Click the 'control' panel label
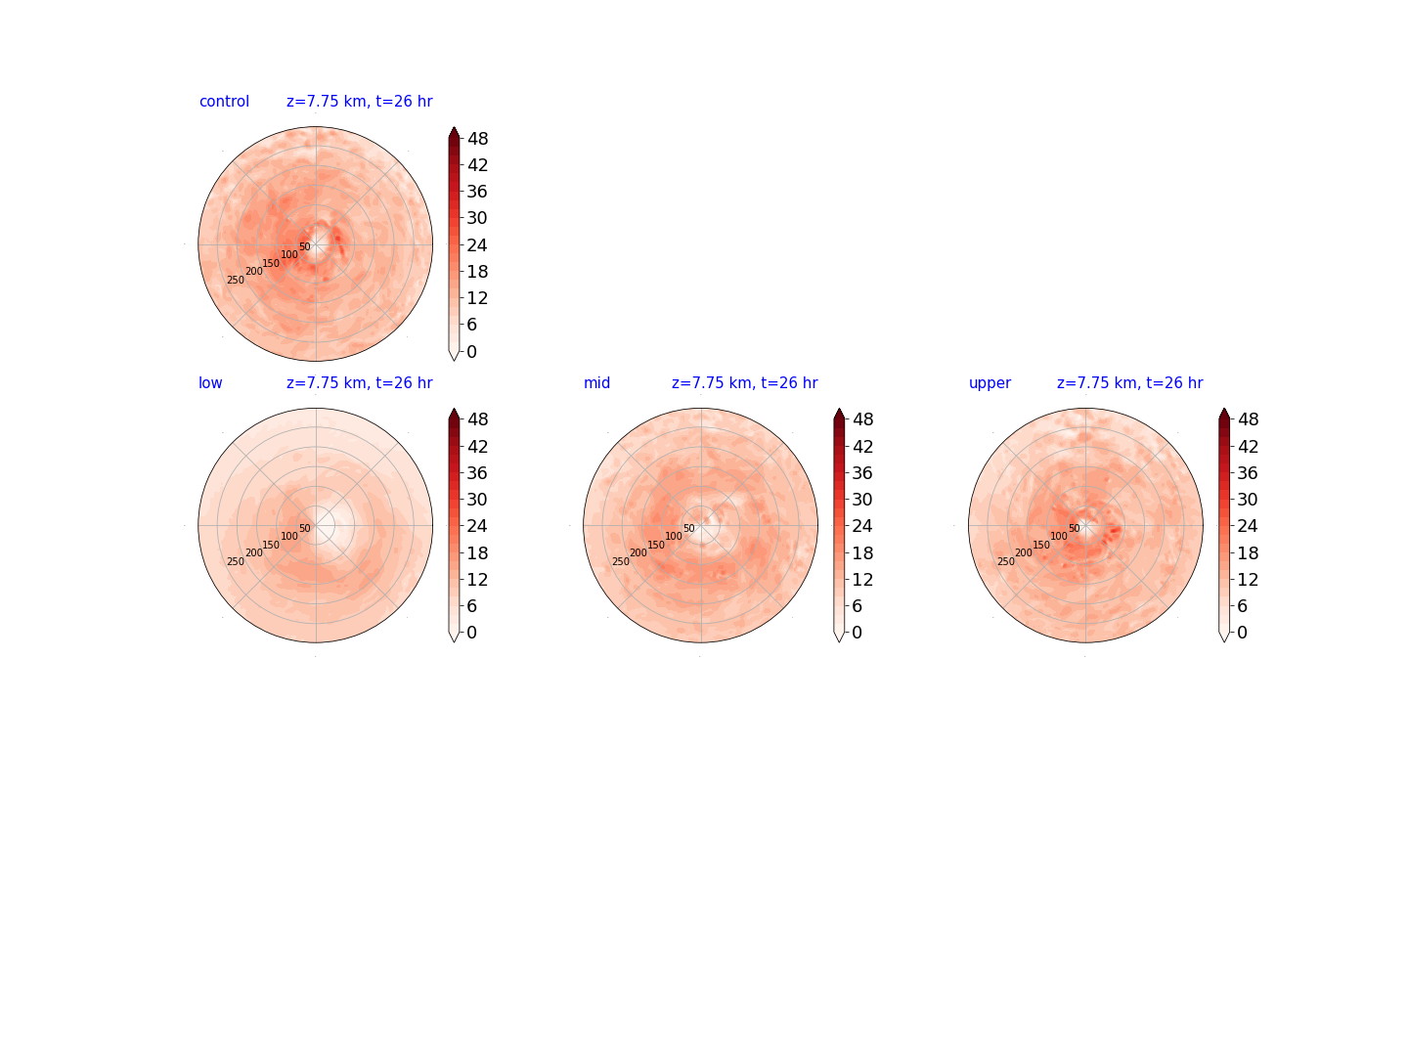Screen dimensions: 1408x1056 [224, 102]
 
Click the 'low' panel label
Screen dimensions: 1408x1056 [210, 382]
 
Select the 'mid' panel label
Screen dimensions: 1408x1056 [596, 382]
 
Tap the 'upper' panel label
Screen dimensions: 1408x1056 [990, 383]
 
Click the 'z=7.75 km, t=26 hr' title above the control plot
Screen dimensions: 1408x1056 [359, 102]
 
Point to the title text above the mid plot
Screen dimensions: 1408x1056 [744, 382]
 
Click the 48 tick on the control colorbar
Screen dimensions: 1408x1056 [477, 139]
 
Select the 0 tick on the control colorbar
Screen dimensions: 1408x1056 [471, 351]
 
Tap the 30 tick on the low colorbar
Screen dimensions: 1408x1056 [477, 499]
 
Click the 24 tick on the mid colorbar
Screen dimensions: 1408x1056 [862, 526]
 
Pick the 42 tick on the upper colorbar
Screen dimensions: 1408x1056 [1248, 446]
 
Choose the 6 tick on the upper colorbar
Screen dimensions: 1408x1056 [1242, 606]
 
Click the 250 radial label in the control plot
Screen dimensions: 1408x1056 [236, 281]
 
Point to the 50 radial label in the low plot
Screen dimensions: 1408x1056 [305, 528]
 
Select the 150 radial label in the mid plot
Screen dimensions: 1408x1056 [655, 545]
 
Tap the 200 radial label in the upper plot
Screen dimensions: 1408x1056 [1023, 552]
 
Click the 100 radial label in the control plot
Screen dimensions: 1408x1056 [289, 254]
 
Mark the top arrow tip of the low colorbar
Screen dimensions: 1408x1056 [454, 408]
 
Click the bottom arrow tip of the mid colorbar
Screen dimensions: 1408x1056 [838, 642]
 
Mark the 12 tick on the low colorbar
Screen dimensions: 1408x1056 [477, 579]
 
